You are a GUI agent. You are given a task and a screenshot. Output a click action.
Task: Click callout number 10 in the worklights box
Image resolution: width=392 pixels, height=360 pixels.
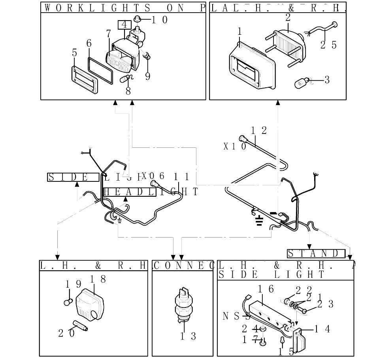tap(159, 20)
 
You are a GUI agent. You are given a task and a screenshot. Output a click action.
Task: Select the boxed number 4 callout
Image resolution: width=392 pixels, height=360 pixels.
tap(124, 25)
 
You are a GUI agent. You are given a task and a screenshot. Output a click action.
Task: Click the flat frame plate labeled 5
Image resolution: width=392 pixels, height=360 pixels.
tap(84, 79)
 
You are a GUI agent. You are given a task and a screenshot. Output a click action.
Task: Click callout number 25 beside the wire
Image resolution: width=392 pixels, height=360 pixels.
tap(328, 45)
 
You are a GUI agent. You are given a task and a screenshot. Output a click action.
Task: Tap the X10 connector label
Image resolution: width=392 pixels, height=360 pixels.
tap(235, 146)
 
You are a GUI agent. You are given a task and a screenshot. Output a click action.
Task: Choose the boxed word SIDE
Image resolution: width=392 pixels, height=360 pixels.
tap(73, 177)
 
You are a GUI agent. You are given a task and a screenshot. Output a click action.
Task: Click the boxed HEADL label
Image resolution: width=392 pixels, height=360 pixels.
tap(129, 192)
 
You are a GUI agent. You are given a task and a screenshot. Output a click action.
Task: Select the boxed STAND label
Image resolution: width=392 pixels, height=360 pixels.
tap(316, 253)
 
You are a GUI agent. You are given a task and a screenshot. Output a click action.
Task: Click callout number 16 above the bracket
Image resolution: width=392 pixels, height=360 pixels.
tap(266, 289)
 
